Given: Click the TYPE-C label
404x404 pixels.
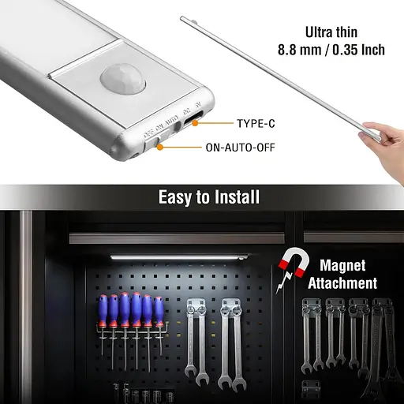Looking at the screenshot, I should click(256, 123).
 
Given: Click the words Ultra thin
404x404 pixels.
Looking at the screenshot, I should click(331, 32).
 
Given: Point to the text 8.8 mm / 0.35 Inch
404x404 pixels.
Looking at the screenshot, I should click(331, 50).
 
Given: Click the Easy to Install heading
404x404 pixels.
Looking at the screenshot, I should click(208, 196).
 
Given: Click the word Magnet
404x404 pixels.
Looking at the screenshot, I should click(342, 266).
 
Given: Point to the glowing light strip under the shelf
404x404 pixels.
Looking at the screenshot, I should click(178, 256).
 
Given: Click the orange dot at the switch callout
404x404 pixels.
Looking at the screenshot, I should click(163, 147).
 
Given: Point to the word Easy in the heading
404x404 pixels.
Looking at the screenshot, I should click(175, 196).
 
